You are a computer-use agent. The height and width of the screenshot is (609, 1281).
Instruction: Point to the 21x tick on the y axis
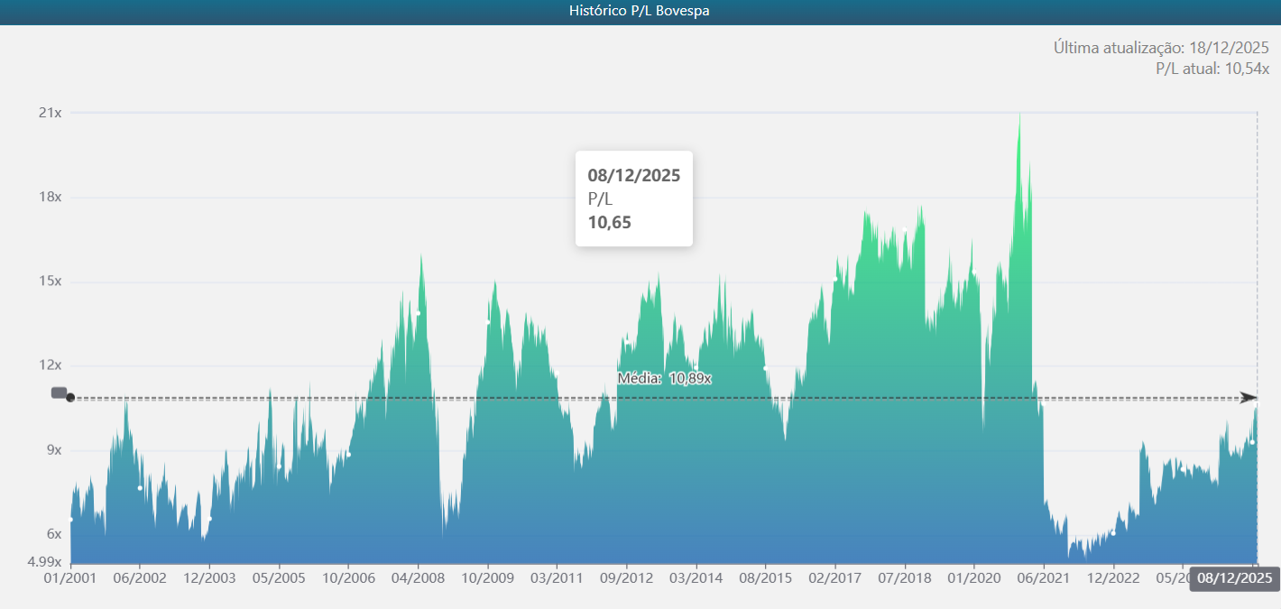tap(50, 113)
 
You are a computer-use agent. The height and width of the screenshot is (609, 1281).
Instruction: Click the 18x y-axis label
tap(50, 198)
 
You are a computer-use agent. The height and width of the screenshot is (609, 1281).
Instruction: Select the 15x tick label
tap(50, 281)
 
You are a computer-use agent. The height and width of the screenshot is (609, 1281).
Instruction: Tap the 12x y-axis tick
tap(50, 365)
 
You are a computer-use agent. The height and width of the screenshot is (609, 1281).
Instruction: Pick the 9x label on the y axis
tap(53, 450)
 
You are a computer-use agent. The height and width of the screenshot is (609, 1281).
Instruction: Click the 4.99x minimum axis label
tap(43, 561)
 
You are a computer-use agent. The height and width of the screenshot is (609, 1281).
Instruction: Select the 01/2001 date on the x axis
tap(69, 577)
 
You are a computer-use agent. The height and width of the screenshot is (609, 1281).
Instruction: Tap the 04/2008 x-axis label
tap(417, 577)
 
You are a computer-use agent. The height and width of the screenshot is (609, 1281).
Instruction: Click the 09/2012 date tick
tap(626, 577)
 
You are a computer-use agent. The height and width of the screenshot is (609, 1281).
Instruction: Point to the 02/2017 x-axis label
tap(834, 577)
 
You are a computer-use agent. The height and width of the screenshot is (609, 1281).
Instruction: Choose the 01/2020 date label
tap(973, 577)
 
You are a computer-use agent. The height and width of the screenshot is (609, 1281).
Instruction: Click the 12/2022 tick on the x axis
tap(1113, 577)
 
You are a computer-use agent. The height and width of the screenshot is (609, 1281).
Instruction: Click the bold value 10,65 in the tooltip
tap(610, 223)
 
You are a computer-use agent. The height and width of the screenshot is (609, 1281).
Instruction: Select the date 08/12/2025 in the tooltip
tap(634, 175)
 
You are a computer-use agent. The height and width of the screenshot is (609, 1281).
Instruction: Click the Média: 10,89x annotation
tap(665, 378)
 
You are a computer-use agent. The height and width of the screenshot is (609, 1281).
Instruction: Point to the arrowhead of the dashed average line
tap(1249, 398)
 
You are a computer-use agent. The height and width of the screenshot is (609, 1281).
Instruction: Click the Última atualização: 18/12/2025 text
tap(1161, 48)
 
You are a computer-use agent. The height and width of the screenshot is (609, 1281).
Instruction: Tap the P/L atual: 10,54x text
tap(1212, 69)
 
